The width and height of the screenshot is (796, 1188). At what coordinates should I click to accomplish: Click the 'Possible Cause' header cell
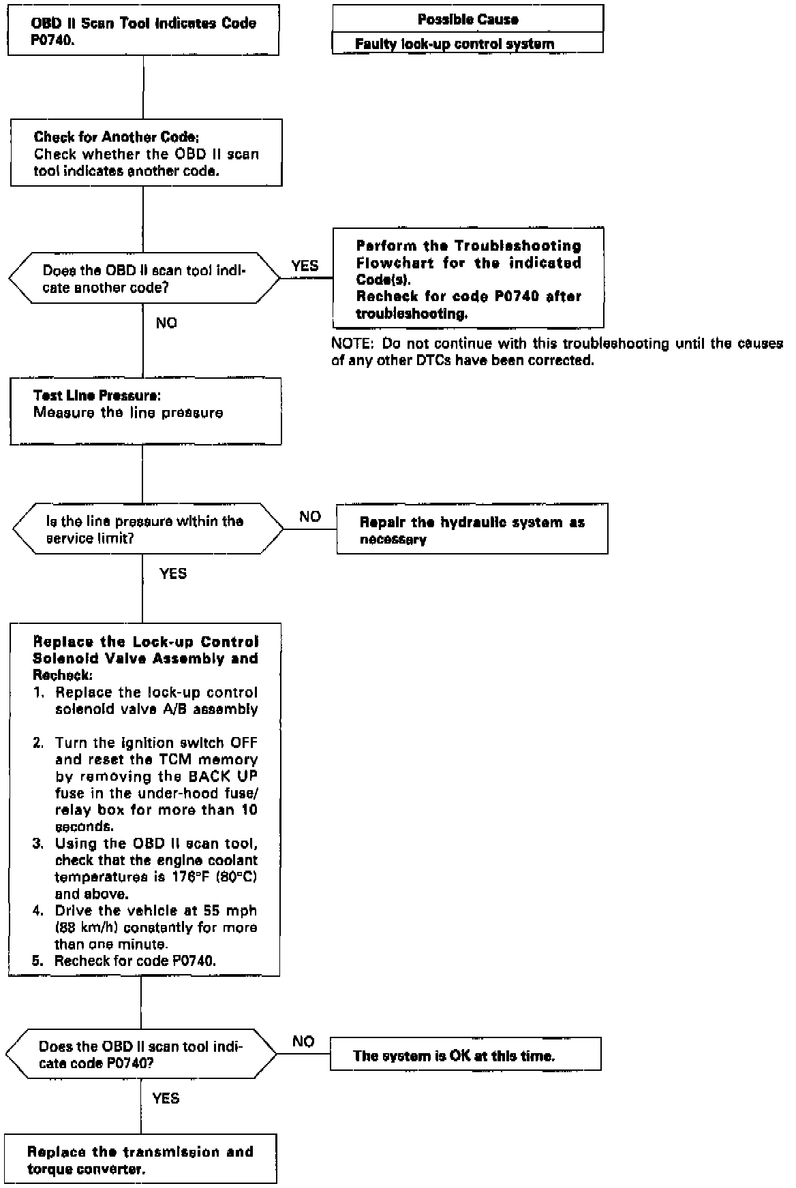pos(468,19)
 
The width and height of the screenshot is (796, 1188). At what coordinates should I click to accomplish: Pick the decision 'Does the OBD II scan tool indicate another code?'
pos(144,279)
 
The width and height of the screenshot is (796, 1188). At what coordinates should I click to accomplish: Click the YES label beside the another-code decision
pos(305,266)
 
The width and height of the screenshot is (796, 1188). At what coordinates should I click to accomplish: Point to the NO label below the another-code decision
pos(166,323)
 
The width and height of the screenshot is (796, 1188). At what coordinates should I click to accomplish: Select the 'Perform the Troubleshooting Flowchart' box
pos(468,279)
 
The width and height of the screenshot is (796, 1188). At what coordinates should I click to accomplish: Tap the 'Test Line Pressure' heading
pos(97,396)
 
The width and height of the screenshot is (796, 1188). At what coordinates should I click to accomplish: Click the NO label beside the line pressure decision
pos(309,516)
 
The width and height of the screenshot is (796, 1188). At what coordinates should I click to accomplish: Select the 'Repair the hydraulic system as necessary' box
pos(472,530)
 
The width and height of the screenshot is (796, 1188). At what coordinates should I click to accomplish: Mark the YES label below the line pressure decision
pos(172,574)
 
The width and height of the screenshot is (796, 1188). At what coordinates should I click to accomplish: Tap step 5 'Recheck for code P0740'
pos(135,961)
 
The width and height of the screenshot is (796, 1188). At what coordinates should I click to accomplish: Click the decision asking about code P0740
pos(140,1054)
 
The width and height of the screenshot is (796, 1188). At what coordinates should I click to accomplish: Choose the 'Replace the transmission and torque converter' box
pos(140,1159)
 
